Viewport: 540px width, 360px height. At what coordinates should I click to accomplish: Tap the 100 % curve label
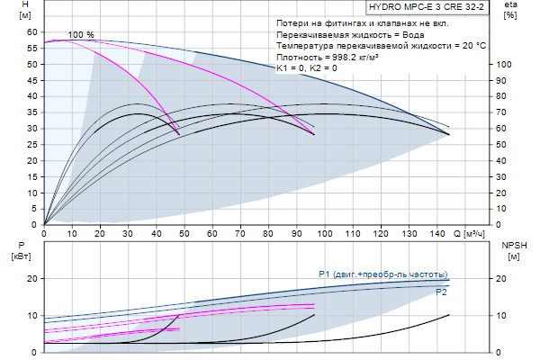click(x=81, y=34)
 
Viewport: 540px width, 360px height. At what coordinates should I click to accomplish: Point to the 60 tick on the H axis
click(x=32, y=31)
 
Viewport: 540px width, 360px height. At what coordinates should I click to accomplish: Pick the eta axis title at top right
click(x=509, y=10)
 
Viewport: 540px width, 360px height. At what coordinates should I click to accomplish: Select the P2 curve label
click(x=441, y=292)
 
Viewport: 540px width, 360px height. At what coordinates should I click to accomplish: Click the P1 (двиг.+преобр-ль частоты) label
click(x=382, y=274)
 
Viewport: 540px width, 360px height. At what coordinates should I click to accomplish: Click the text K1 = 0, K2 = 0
click(x=307, y=68)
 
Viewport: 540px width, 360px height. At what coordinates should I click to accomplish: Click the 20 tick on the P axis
click(x=32, y=279)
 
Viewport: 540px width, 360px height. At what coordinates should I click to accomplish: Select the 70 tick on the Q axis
click(x=240, y=233)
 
